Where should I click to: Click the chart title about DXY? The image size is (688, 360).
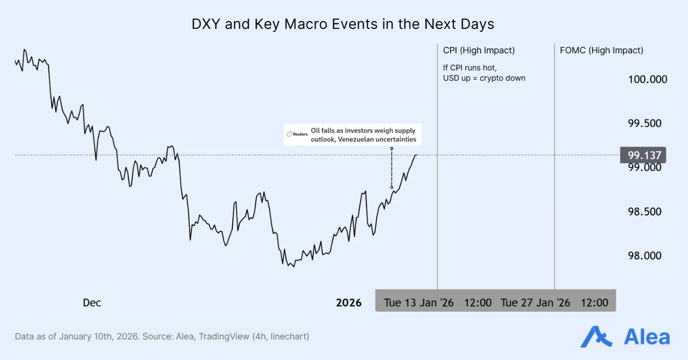coord(344,24)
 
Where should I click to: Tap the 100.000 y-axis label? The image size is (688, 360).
coord(647,79)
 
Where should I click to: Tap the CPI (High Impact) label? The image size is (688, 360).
coord(479,50)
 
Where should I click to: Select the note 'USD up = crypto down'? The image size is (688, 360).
coord(484,78)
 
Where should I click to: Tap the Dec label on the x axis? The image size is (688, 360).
coord(92,303)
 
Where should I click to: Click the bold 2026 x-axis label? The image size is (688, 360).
coord(348,303)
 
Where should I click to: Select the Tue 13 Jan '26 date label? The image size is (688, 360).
coord(418,303)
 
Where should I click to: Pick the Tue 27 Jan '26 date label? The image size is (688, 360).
coord(535,303)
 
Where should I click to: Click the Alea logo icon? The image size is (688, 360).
coord(596,337)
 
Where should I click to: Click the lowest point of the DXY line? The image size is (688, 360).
coord(293,267)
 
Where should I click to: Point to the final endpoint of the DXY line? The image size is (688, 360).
coord(416,155)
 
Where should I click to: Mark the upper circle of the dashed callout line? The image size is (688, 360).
coord(391,148)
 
